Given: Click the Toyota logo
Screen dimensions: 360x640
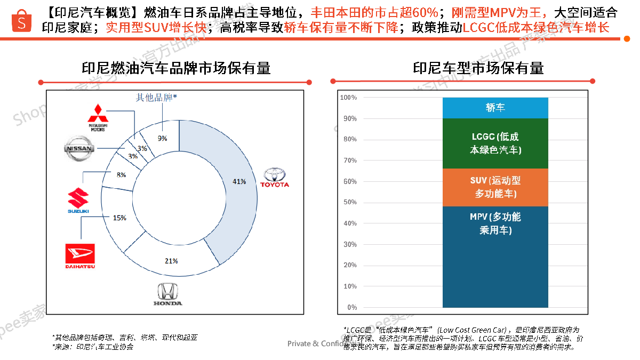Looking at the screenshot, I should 275,177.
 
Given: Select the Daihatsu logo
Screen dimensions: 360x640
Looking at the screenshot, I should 80,255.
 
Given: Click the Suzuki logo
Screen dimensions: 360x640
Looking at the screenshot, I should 78,200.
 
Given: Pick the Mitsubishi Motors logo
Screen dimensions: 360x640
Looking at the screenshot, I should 97,117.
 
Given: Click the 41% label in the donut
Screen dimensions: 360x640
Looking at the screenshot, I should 239,182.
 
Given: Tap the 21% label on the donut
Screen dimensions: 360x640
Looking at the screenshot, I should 171,261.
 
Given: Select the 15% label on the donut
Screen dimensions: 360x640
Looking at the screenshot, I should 119,218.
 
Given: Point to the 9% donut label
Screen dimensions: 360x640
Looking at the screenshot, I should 162,138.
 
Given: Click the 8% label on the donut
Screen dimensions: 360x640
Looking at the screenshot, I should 121,175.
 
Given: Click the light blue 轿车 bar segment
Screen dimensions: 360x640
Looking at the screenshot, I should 495,108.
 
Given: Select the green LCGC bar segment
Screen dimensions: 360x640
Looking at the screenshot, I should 495,143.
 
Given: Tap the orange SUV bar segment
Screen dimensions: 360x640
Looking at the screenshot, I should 495,187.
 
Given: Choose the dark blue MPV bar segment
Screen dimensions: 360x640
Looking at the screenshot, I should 495,257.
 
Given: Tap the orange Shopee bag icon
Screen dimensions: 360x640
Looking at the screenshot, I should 22,21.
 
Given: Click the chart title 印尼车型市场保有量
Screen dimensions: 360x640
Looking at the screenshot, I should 478,68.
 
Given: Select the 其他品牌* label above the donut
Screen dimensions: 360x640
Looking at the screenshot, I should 156,97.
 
